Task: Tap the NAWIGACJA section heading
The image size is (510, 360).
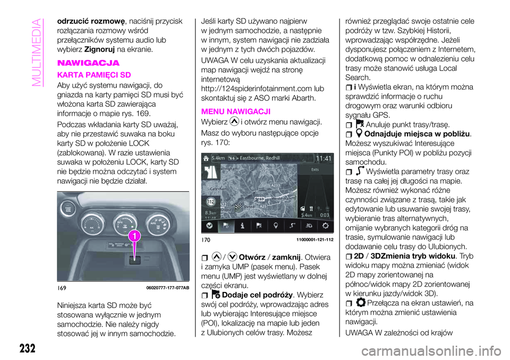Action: pyautogui.click(x=83, y=63)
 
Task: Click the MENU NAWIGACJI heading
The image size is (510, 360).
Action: pyautogui.click(x=233, y=112)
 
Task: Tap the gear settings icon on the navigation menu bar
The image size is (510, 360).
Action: pyautogui.click(x=325, y=225)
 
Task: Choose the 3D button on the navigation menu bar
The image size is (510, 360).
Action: pyautogui.click(x=308, y=225)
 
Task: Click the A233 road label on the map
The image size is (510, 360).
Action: pyautogui.click(x=276, y=186)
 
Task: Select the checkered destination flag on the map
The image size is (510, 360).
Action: pyautogui.click(x=239, y=205)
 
